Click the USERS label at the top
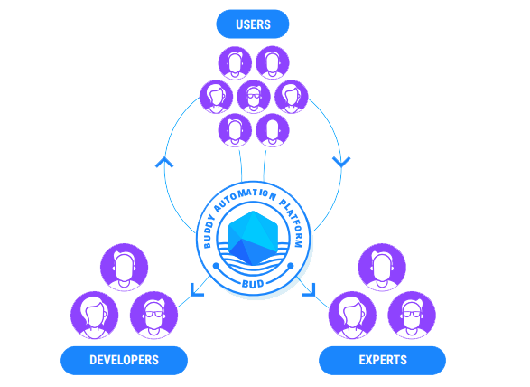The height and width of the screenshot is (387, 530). coord(253,24)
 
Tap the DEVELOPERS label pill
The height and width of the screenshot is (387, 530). coord(124,360)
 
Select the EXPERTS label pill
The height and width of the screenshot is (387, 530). coord(382,360)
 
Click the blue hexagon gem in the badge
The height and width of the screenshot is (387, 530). coord(253,238)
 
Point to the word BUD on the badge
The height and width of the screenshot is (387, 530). coord(253,284)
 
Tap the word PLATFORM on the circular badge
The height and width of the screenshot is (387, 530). coord(293,222)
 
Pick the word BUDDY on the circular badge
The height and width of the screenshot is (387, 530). coord(209,231)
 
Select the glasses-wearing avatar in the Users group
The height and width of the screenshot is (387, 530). coord(254,97)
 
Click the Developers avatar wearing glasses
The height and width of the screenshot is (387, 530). coord(153,315)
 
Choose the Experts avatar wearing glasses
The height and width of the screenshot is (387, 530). coord(412,315)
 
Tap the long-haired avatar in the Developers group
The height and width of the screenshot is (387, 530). coord(94,315)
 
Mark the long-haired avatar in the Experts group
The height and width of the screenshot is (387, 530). coord(352,315)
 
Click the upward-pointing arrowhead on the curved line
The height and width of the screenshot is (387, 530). coord(164,162)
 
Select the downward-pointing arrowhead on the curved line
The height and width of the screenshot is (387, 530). coord(341,162)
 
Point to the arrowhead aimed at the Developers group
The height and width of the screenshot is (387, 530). coord(196,290)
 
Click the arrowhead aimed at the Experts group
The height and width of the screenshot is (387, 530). coord(310,290)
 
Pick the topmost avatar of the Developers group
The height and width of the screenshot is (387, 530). coord(124,267)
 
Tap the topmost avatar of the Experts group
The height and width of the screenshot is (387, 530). coord(382,267)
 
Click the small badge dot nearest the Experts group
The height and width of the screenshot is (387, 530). coord(291,266)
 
